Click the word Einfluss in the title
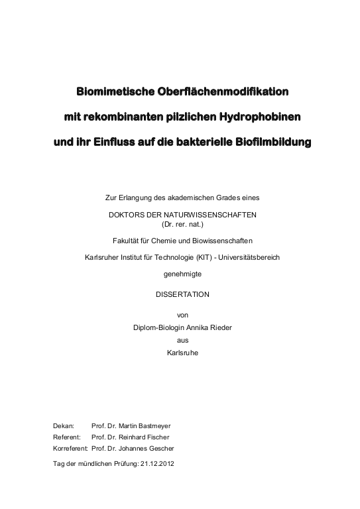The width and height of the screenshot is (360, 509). pyautogui.click(x=119, y=142)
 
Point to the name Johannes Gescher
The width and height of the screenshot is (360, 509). pyautogui.click(x=141, y=449)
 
